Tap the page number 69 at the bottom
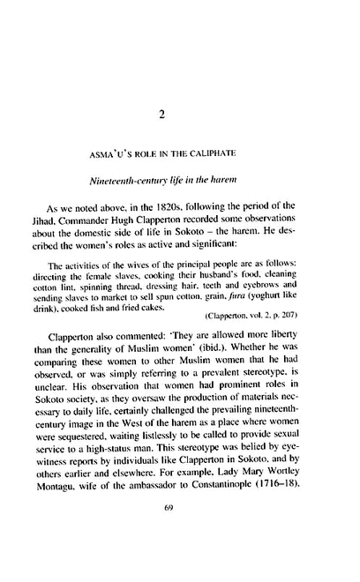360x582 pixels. (x=179, y=533)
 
